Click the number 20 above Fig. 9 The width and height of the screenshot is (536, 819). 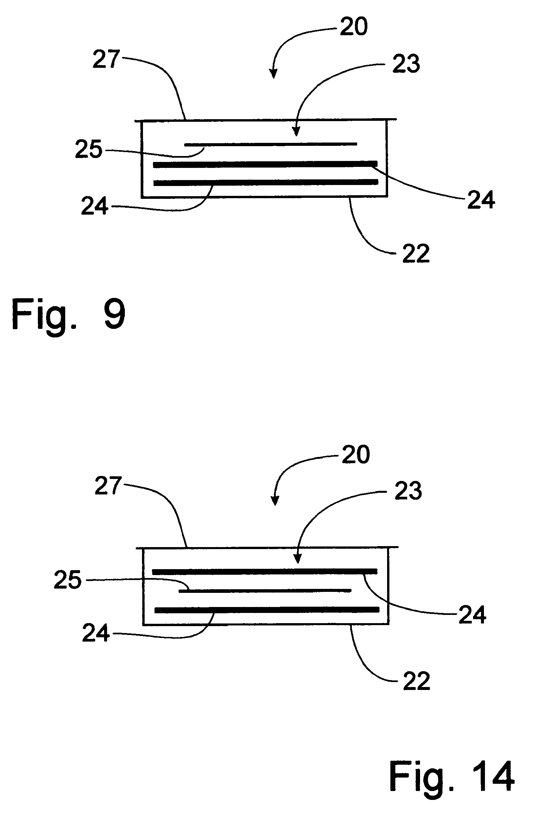tap(354, 27)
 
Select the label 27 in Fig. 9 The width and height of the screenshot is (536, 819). tap(106, 59)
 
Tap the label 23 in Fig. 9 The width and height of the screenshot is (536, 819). tap(406, 64)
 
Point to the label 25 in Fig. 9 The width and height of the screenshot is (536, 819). tap(89, 149)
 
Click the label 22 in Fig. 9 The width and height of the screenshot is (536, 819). tap(416, 253)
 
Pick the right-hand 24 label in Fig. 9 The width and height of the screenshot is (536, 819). tap(481, 199)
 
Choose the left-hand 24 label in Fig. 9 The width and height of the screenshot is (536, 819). tap(95, 206)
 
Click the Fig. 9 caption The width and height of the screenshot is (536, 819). tap(69, 314)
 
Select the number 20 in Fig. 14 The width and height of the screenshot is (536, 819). tap(356, 455)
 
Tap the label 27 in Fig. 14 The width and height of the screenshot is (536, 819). tap(108, 486)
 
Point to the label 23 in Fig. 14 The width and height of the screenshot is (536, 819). tap(408, 491)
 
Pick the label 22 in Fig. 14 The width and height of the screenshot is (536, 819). tap(417, 681)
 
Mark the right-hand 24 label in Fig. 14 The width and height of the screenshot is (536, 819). tap(472, 615)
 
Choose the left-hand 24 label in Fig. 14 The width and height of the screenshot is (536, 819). tap(96, 632)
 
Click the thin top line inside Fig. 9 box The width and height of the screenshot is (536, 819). tap(271, 145)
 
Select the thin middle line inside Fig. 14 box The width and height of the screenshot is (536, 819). tap(265, 591)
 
